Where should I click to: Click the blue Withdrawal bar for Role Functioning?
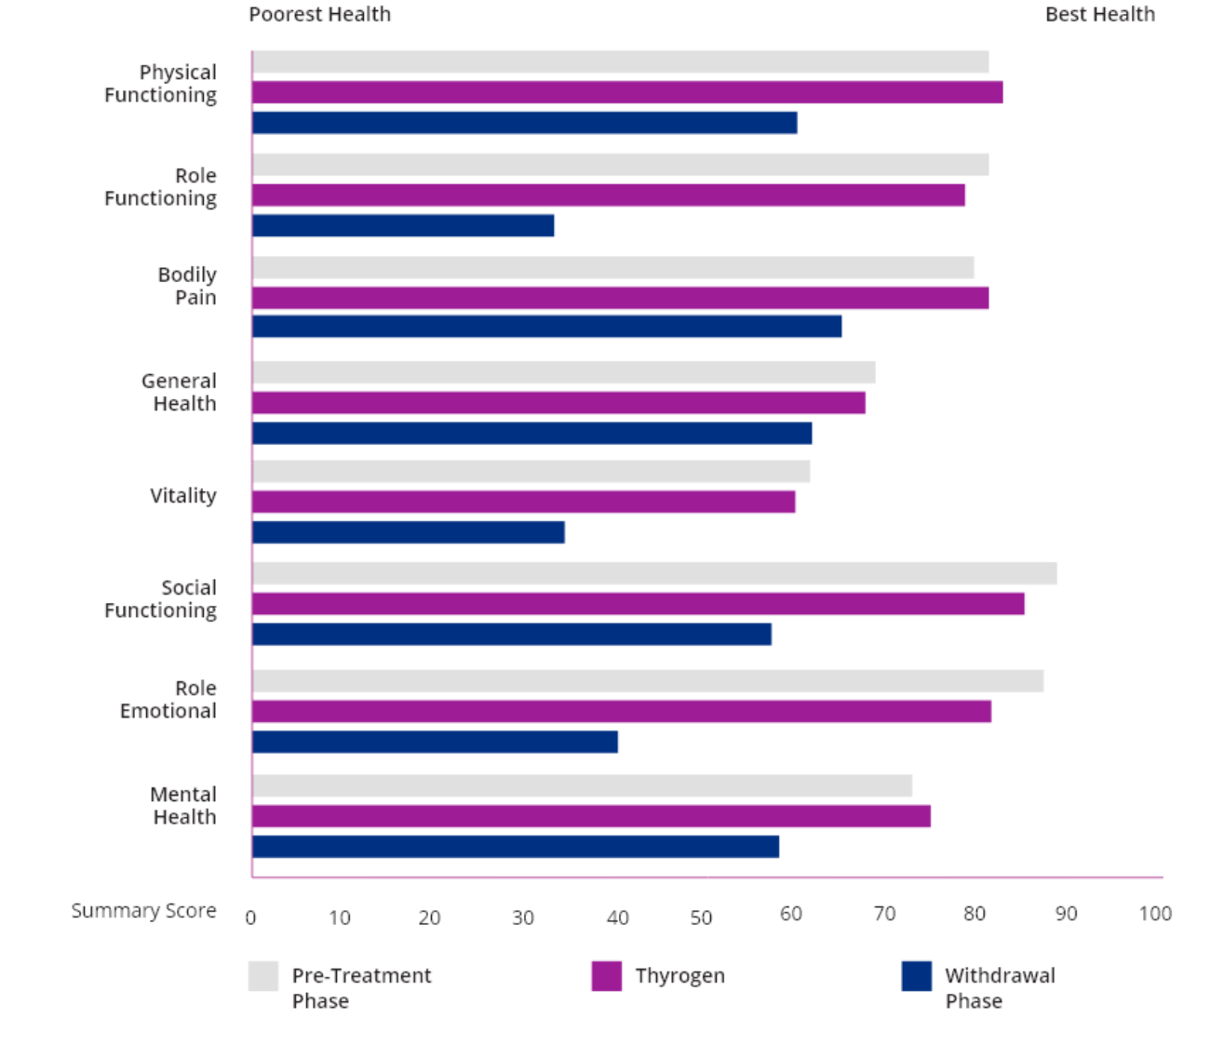pos(404,225)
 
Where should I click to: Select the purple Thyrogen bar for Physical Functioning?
pos(628,92)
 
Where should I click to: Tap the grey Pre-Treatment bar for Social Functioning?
pos(655,573)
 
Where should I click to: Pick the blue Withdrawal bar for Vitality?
pos(410,532)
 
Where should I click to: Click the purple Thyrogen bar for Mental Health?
pos(592,816)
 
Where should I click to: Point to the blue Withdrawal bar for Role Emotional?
pos(437,742)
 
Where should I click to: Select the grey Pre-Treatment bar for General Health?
pos(564,372)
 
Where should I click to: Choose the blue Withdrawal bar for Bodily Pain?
pos(548,326)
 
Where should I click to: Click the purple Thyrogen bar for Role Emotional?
pos(622,711)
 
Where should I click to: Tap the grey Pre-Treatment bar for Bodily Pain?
pos(613,268)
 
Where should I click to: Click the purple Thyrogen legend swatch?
pos(606,975)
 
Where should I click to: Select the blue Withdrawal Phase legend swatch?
pos(916,975)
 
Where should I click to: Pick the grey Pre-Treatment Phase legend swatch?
pos(263,975)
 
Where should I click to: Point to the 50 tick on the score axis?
pos(702,917)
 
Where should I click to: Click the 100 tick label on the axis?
pos(1155,914)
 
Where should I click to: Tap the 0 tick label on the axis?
pos(251,917)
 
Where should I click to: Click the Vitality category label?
pos(183,495)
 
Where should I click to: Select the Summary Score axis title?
pos(144,911)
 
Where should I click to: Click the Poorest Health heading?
pos(320,15)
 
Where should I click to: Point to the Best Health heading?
pos(1099,15)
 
